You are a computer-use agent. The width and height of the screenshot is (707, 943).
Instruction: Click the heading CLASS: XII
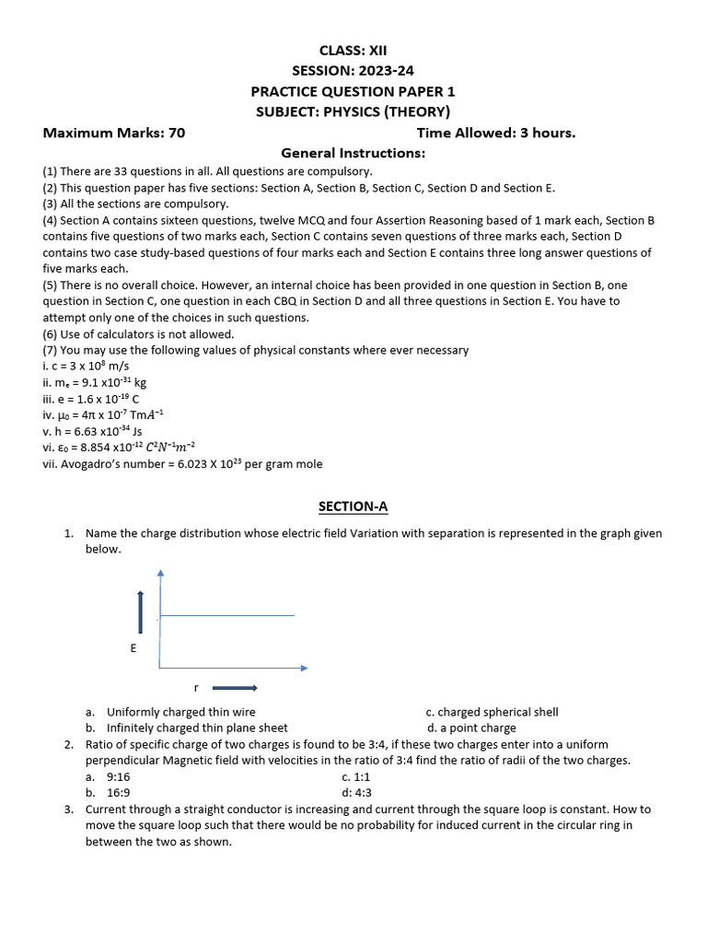tap(353, 51)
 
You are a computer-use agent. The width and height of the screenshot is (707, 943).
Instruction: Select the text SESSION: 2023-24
tap(353, 71)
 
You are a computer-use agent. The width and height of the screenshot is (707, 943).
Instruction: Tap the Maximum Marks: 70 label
tap(114, 133)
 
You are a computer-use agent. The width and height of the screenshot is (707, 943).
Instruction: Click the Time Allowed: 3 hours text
tap(495, 133)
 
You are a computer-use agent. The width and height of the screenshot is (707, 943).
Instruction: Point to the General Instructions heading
tap(353, 153)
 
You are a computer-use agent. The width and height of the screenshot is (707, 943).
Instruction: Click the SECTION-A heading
tap(353, 506)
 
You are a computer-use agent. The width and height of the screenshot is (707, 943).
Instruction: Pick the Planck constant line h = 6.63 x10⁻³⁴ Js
tap(92, 431)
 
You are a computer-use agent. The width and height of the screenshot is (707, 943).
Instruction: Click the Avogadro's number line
tap(182, 464)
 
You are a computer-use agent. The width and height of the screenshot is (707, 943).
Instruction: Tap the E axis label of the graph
tap(133, 648)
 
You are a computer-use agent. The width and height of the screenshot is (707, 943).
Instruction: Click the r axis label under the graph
tap(196, 688)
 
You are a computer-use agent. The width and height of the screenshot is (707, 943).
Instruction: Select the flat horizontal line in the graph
tap(227, 615)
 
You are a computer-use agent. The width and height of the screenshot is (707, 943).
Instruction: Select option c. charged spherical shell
tap(492, 712)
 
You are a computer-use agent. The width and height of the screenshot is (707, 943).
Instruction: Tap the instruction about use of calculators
tap(138, 334)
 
